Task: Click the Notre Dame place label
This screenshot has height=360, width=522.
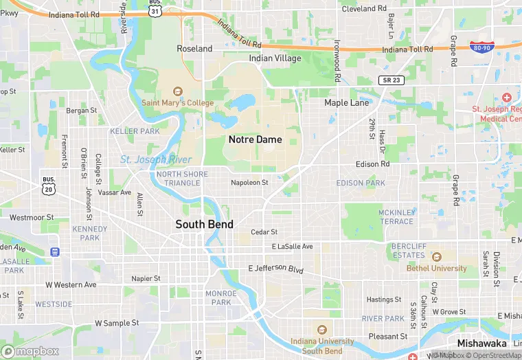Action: pos(255,139)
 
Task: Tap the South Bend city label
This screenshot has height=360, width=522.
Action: pos(204,224)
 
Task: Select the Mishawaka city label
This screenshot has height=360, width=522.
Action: pos(482,343)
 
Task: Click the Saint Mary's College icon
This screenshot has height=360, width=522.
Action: pos(177,91)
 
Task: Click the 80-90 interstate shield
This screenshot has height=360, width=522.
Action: pos(481,46)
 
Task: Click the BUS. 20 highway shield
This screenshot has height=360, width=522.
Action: pos(47,184)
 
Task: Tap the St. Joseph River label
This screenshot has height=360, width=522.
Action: pos(156,159)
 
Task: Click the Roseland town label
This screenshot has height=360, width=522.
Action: pos(194,49)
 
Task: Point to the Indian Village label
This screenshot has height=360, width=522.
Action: pos(275,58)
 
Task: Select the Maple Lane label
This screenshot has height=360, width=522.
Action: pos(347,102)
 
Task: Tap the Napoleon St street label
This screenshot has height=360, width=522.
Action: pos(249,182)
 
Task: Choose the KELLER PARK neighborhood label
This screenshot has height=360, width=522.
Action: pos(135,131)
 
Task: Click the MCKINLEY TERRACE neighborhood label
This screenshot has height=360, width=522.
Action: pos(397,216)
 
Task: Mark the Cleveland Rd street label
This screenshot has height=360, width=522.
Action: pos(364,9)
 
